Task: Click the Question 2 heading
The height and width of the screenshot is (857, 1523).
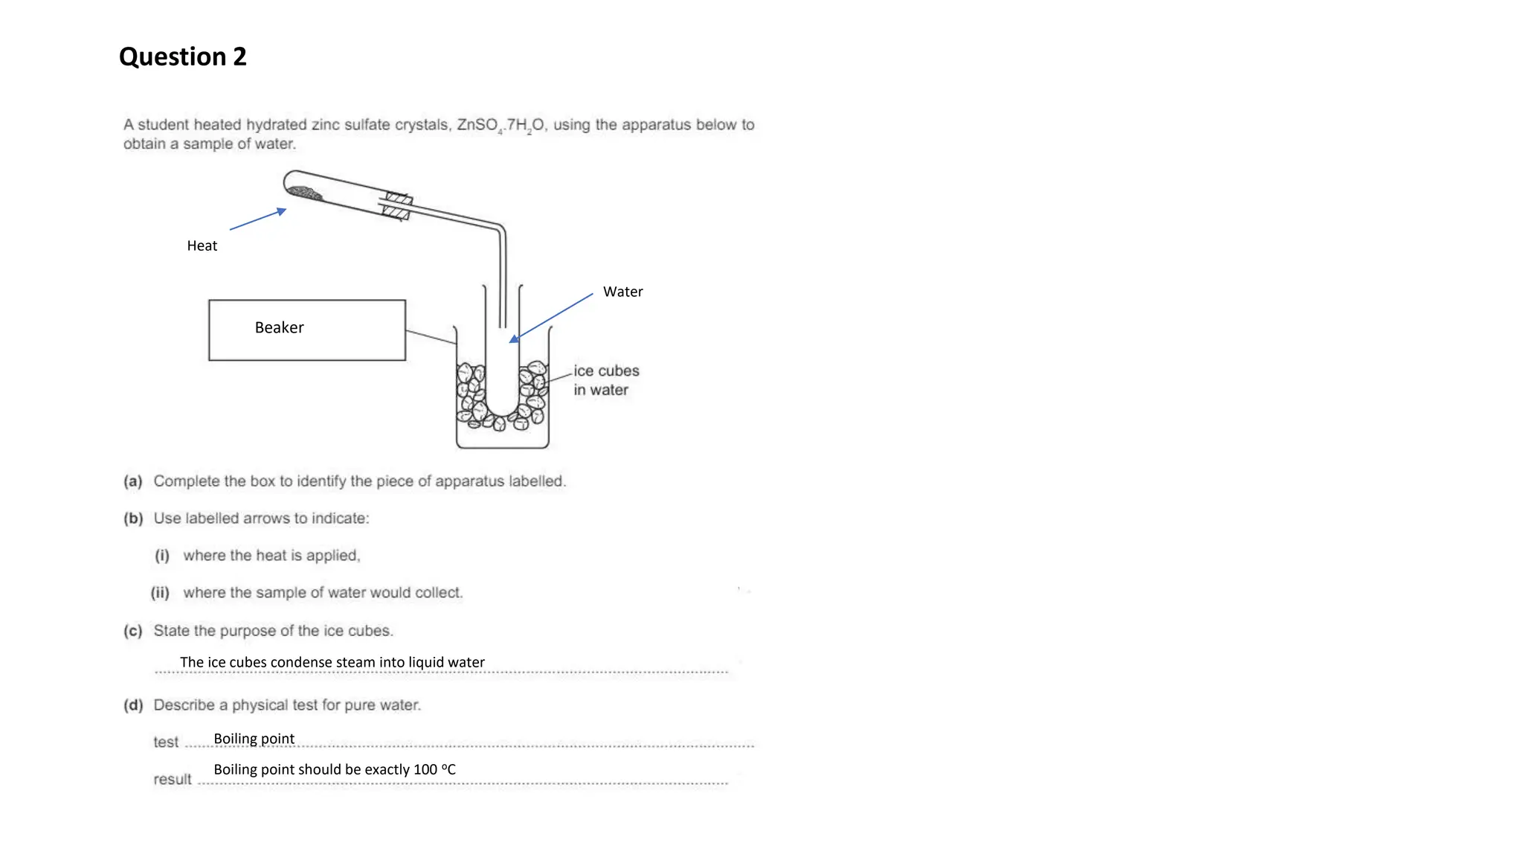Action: coord(182,57)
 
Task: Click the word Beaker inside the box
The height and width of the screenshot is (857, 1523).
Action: coord(279,327)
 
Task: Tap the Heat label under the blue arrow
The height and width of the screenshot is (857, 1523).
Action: coord(202,245)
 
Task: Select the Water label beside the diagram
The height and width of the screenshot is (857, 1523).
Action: coord(622,292)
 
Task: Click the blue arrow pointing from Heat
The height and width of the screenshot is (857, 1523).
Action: coord(257,219)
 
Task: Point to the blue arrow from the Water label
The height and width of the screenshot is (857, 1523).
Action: coord(552,317)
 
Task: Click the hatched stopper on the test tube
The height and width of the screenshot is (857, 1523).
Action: coord(397,206)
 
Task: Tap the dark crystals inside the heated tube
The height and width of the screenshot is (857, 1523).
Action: coord(305,193)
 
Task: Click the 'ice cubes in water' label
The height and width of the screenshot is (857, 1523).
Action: coord(605,380)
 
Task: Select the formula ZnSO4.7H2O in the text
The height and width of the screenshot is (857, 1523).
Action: coord(501,125)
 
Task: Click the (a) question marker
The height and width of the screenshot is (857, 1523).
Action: coord(132,481)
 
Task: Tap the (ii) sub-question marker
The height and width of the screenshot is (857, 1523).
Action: coord(160,593)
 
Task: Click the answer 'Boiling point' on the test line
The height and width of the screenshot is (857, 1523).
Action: coord(254,739)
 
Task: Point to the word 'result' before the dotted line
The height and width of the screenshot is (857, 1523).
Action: coord(172,779)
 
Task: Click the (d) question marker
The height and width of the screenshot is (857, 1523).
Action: coord(132,705)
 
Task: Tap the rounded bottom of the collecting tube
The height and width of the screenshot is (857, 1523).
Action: coord(502,409)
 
